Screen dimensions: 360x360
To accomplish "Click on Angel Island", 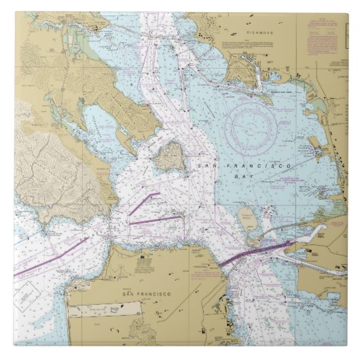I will [x=170, y=156].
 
